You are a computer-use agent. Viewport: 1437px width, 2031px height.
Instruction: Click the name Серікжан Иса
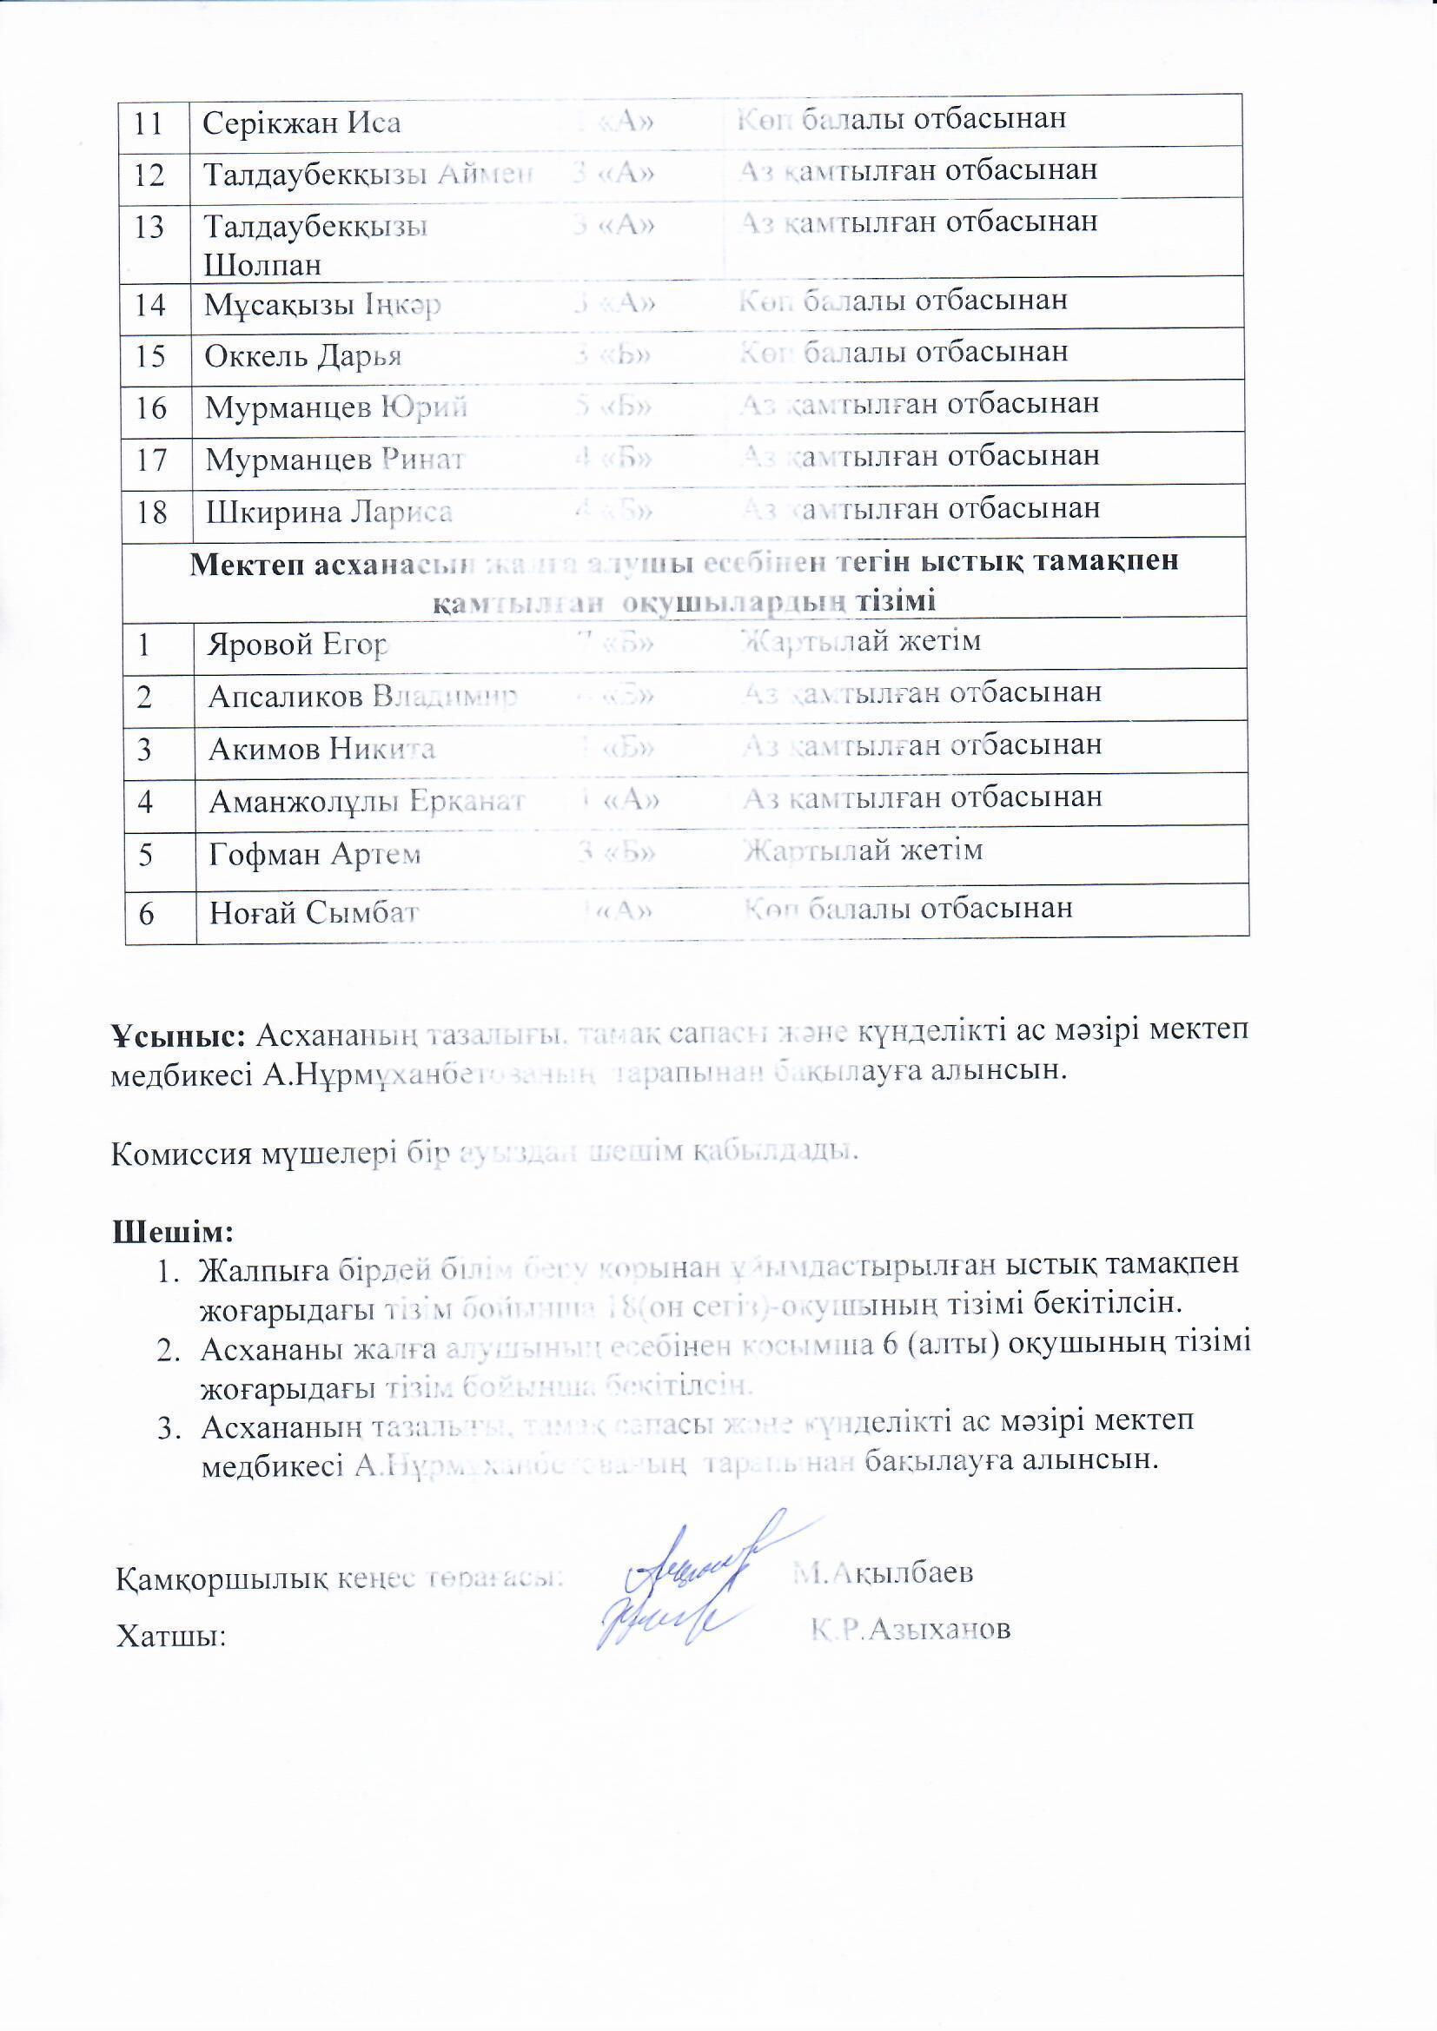[301, 122]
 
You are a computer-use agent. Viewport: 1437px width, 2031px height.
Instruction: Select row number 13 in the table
[149, 228]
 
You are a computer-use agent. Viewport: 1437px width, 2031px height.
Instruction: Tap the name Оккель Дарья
[302, 356]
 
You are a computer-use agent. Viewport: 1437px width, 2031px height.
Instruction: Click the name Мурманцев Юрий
[336, 407]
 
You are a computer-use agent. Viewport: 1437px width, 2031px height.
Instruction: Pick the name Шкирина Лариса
[329, 513]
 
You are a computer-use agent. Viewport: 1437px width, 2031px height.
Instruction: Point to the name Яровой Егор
[297, 645]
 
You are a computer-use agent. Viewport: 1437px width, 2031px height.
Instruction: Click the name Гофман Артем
[315, 855]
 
